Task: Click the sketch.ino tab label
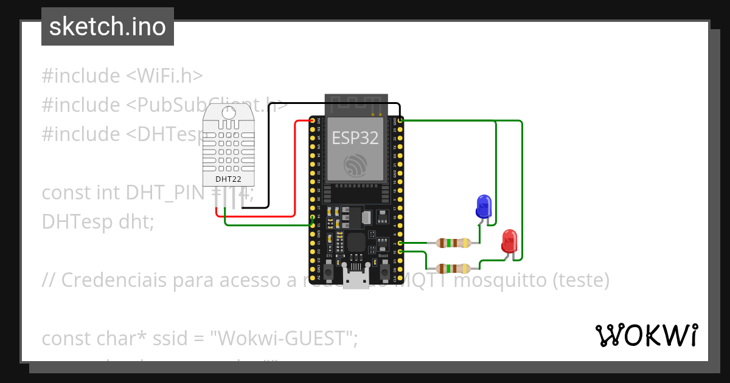[x=108, y=27]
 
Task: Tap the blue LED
[x=484, y=206]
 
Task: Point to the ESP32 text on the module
[x=355, y=138]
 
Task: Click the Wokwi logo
[x=646, y=335]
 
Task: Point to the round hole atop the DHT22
[x=229, y=112]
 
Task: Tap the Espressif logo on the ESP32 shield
[x=355, y=165]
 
